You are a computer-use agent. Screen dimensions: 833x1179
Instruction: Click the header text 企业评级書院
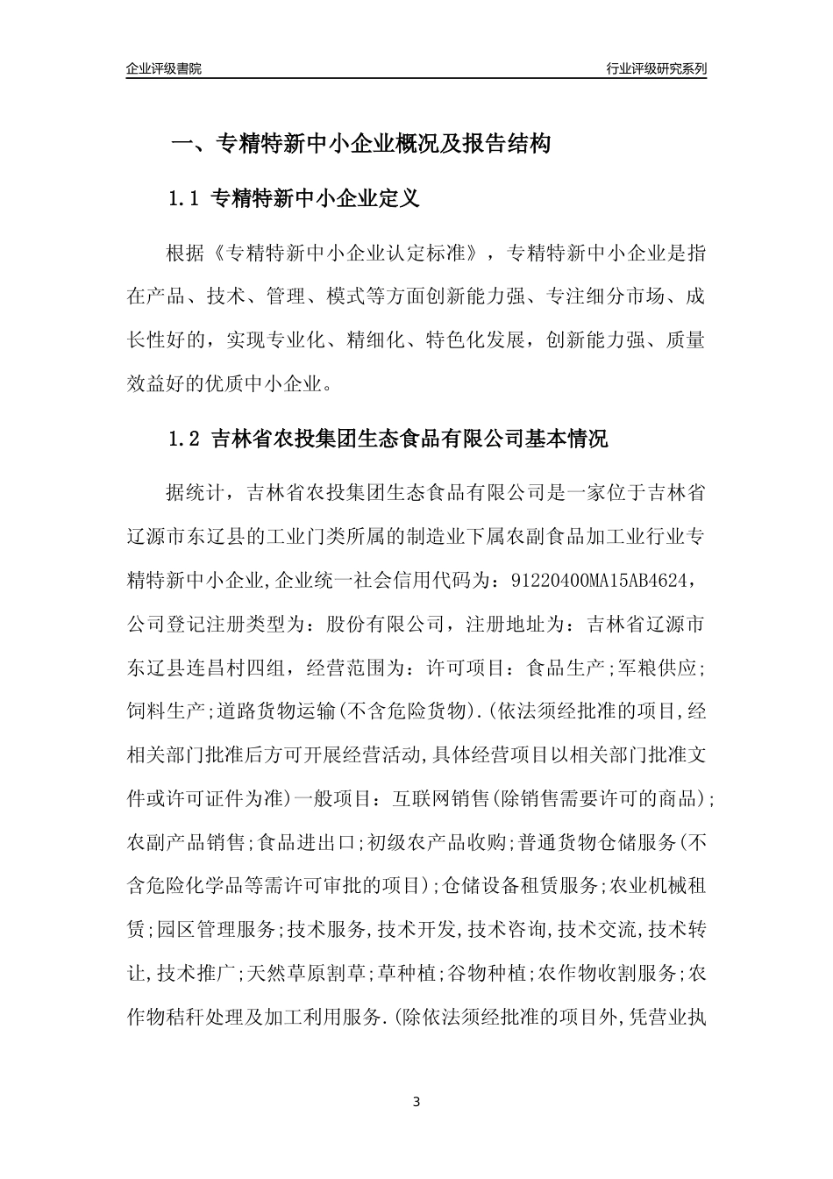(x=164, y=68)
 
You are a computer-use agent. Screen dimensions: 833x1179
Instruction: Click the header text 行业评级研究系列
(x=656, y=68)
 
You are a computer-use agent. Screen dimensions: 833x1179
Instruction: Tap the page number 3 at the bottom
(x=416, y=1103)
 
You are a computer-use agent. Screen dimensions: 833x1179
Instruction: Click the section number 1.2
(x=185, y=439)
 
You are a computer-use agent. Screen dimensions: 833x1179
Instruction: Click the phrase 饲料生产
(x=166, y=711)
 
